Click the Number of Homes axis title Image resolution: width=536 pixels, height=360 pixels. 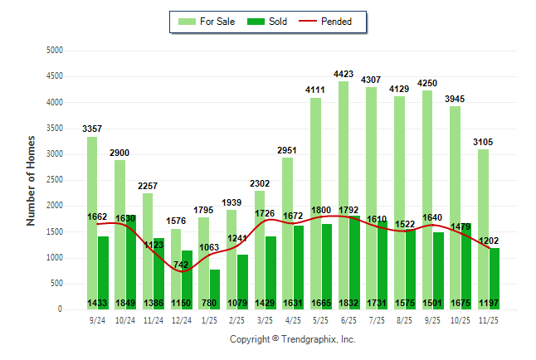[x=31, y=180]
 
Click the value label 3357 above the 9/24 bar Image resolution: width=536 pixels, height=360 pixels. [x=93, y=129]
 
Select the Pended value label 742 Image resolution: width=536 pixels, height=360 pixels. [x=182, y=264]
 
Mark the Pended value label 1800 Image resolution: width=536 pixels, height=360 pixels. [x=322, y=209]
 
